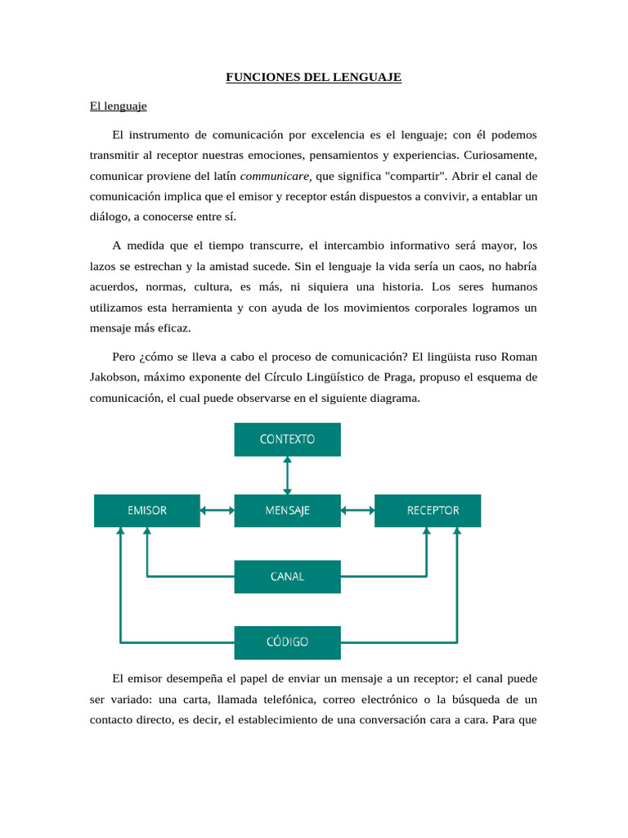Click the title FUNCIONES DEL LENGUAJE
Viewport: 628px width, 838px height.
[313, 78]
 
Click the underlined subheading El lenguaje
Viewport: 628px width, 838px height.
[118, 106]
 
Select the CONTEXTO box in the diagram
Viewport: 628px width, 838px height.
[287, 439]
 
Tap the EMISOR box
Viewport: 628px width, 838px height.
[147, 511]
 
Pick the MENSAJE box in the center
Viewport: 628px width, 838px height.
[287, 511]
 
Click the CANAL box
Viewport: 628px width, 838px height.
[287, 576]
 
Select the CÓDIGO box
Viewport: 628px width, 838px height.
[287, 642]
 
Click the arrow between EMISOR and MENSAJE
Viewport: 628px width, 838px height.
[217, 511]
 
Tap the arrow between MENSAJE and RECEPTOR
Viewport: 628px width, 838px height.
[357, 511]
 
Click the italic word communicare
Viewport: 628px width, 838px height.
[275, 177]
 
